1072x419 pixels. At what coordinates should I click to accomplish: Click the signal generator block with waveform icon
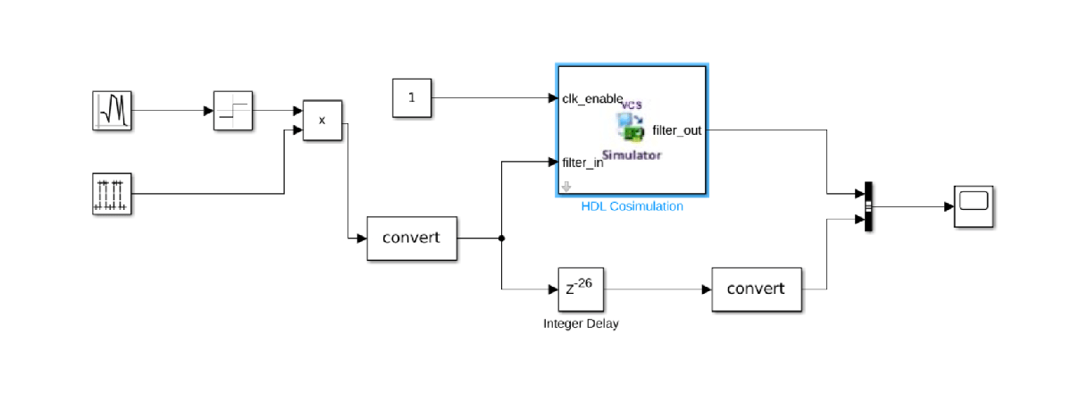(113, 111)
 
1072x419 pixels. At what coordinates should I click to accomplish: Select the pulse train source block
(113, 194)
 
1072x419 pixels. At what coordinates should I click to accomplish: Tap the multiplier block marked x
(322, 120)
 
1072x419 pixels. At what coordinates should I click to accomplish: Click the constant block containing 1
(412, 97)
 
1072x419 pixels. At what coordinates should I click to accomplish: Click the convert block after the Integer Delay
(756, 289)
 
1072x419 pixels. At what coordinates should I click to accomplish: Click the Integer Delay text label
(581, 323)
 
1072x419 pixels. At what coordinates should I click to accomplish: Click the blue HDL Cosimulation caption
(632, 206)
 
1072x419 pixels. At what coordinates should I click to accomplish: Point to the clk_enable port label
(591, 98)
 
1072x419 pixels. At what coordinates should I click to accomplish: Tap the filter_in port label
(582, 163)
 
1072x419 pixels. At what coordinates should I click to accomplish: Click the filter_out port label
(676, 130)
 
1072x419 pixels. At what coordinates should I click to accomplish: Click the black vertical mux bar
(867, 206)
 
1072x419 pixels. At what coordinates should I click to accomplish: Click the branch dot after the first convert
(502, 239)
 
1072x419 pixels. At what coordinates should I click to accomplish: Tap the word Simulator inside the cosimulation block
(632, 155)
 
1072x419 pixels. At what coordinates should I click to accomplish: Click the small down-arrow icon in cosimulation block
(565, 187)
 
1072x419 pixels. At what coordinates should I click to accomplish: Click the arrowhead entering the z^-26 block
(552, 289)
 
